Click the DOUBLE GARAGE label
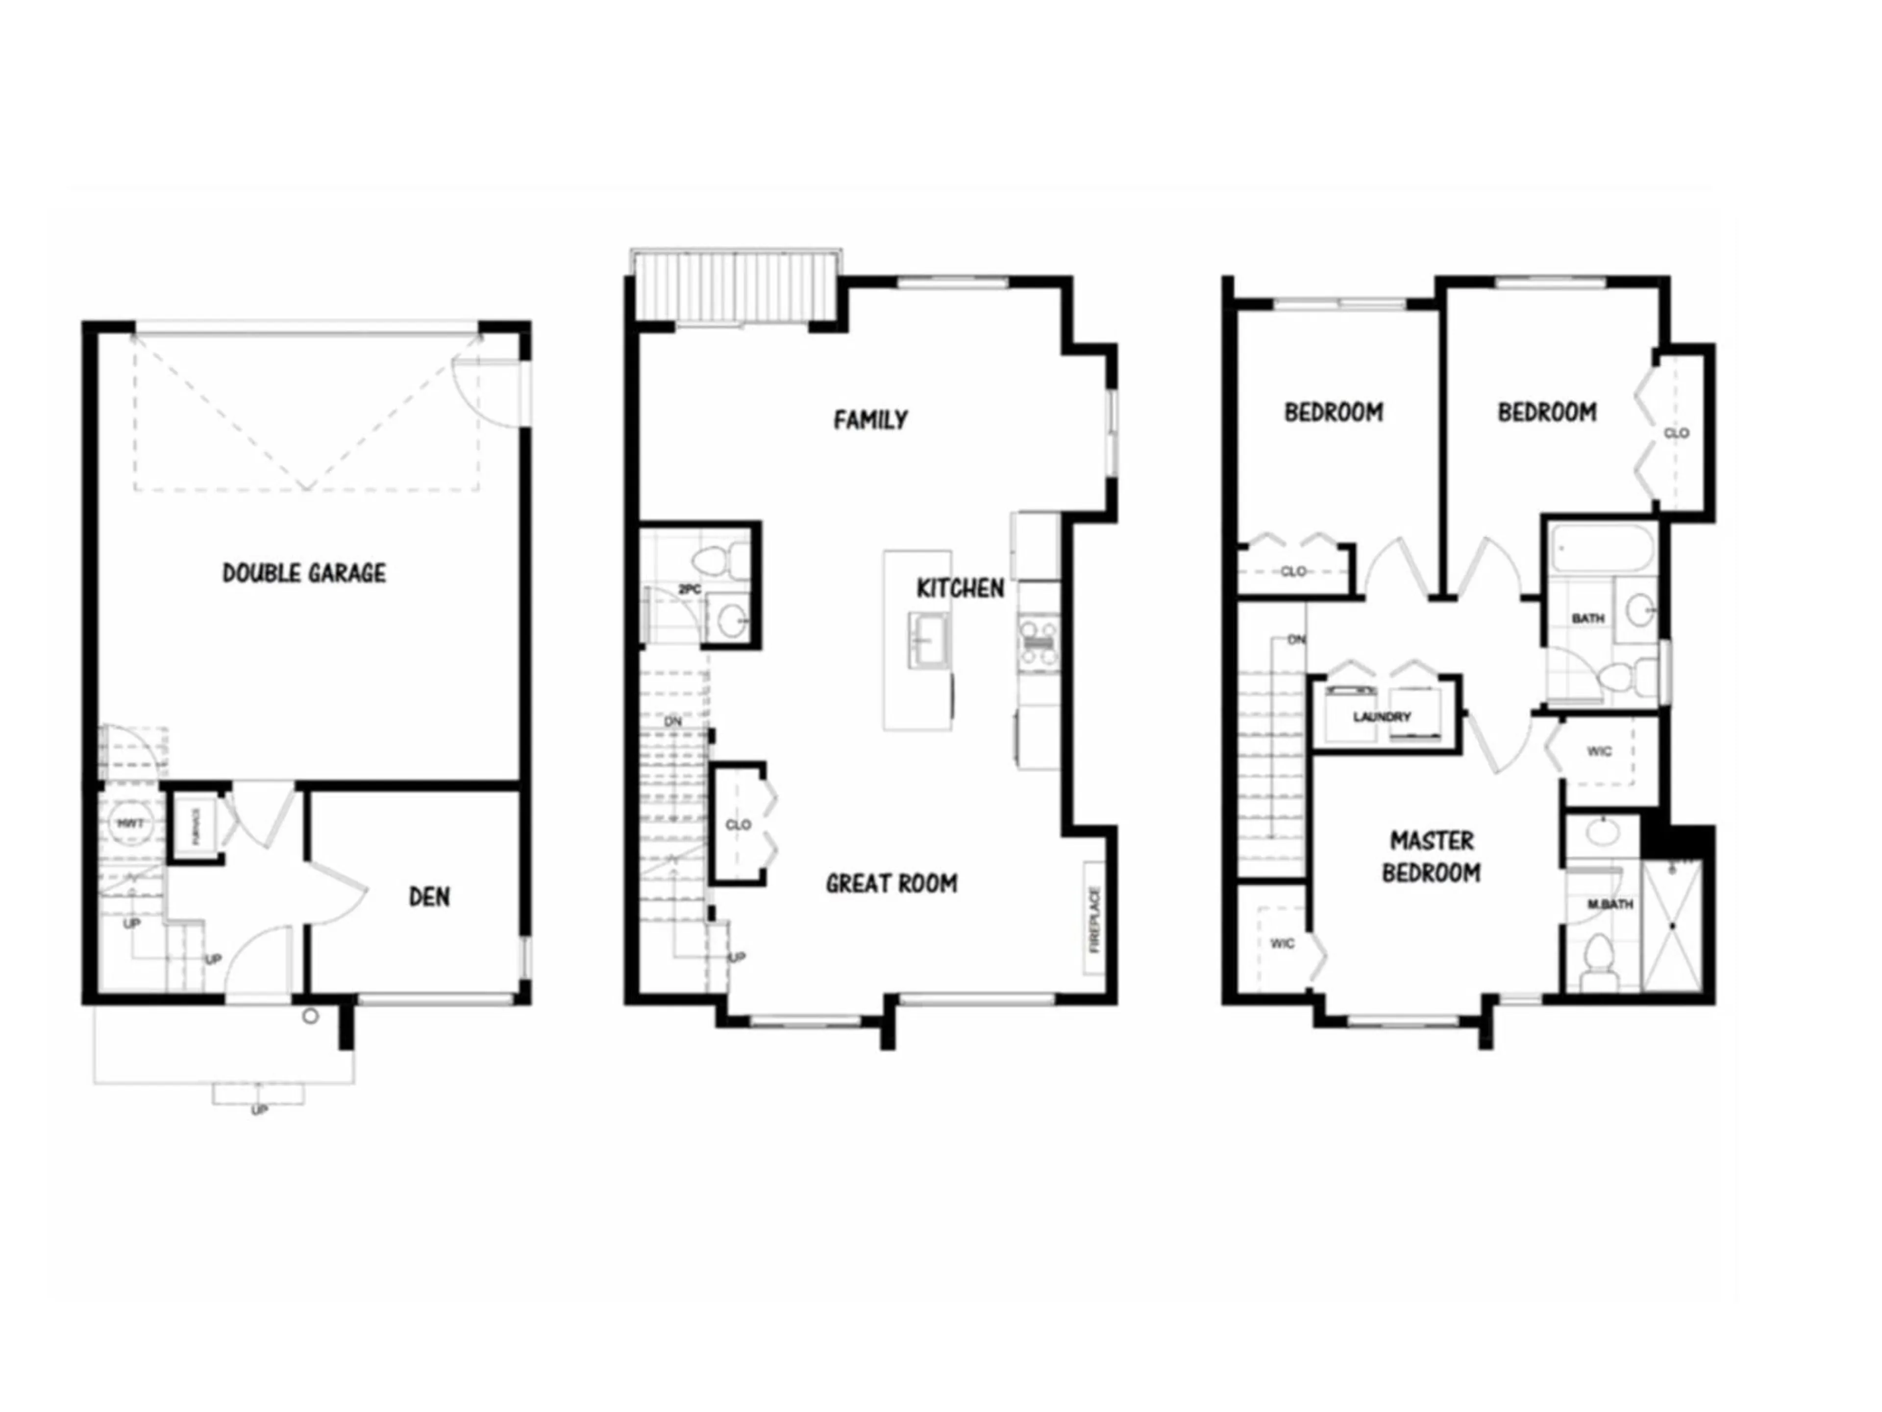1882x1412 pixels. pos(304,573)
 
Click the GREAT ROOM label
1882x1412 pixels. pos(891,883)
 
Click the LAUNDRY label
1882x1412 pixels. pos(1382,717)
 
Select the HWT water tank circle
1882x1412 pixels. pos(130,823)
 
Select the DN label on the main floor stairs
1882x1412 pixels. pos(673,722)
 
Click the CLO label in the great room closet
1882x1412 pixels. pos(738,825)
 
